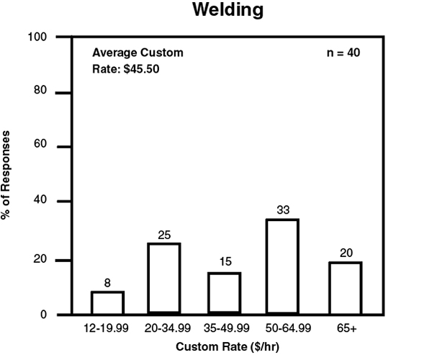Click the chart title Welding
(x=228, y=12)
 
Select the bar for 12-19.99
(x=107, y=303)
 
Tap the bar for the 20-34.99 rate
(x=164, y=279)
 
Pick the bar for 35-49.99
(x=225, y=294)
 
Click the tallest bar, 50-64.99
(x=282, y=267)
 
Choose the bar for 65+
(x=346, y=289)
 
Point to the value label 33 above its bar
(x=282, y=210)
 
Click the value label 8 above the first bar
(x=107, y=283)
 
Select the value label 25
(x=164, y=235)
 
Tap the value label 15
(x=225, y=264)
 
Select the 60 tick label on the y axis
(x=40, y=146)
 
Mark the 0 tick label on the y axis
(x=43, y=315)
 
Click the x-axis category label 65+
(x=346, y=328)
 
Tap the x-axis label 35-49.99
(x=225, y=328)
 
